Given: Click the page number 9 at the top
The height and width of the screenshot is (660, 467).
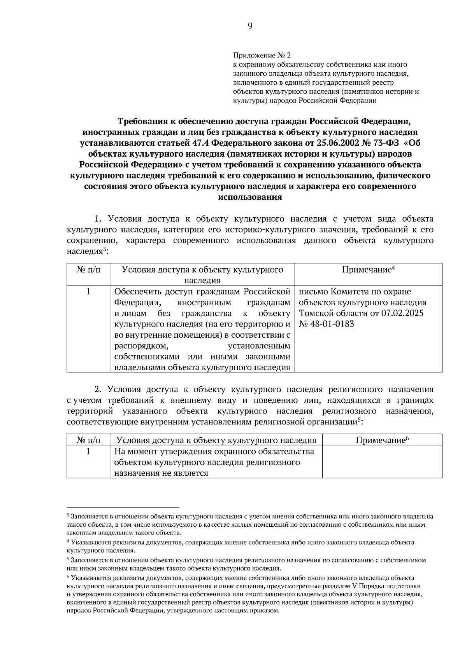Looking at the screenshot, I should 250,26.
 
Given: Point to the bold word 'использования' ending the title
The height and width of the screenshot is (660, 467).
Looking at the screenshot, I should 250,197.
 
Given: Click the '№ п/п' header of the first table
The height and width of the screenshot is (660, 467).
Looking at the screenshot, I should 88,270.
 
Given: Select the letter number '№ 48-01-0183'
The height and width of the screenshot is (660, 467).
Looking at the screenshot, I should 327,324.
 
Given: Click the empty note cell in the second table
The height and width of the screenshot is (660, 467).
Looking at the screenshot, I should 382,462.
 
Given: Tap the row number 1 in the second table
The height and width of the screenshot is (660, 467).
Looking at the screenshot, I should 88,451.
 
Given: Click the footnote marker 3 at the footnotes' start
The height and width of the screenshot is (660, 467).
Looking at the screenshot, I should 68,516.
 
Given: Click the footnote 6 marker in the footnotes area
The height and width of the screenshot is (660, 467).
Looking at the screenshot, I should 68,578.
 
